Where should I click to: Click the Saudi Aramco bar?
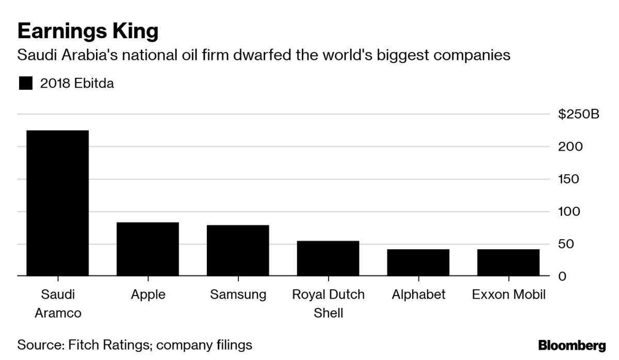tap(57, 203)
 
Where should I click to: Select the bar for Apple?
tap(148, 249)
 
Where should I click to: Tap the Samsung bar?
tap(238, 251)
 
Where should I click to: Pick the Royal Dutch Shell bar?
tap(328, 258)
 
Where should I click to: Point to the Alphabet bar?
tap(418, 263)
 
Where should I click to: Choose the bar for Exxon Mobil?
tap(508, 263)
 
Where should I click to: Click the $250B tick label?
tap(579, 114)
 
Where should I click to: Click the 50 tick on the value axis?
tap(566, 244)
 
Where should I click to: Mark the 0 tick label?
tap(562, 276)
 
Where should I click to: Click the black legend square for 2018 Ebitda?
tap(25, 83)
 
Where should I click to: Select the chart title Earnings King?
tap(87, 31)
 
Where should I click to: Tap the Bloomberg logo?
tap(572, 344)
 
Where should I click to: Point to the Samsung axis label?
tap(238, 294)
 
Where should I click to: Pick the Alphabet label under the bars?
tap(418, 294)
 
